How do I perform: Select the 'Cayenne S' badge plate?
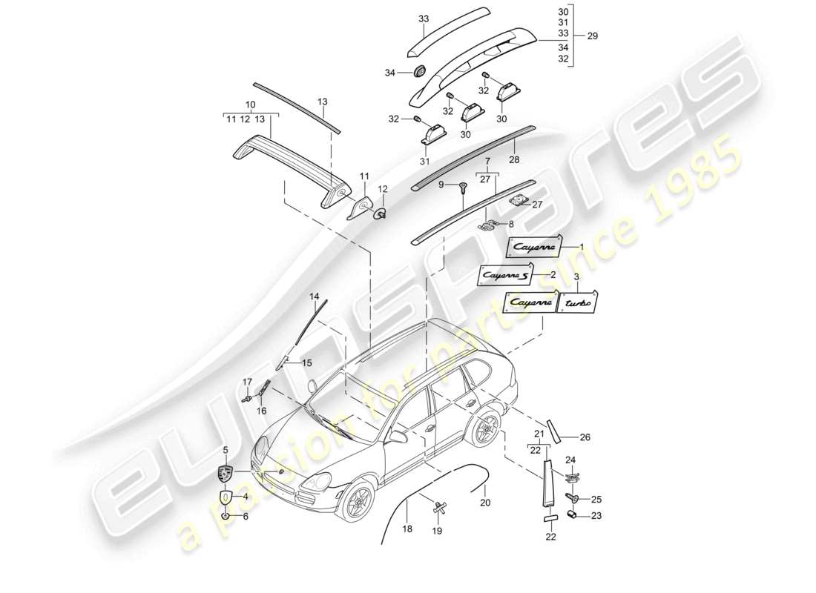pos(504,276)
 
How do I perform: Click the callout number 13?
pos(322,102)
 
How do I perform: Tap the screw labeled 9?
pos(462,188)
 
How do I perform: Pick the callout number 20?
pos(485,503)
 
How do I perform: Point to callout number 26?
pos(585,437)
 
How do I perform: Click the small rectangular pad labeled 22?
pos(550,517)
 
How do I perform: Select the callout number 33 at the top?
pos(424,19)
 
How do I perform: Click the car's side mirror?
pos(400,435)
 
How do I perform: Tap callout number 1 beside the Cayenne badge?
pos(582,246)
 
